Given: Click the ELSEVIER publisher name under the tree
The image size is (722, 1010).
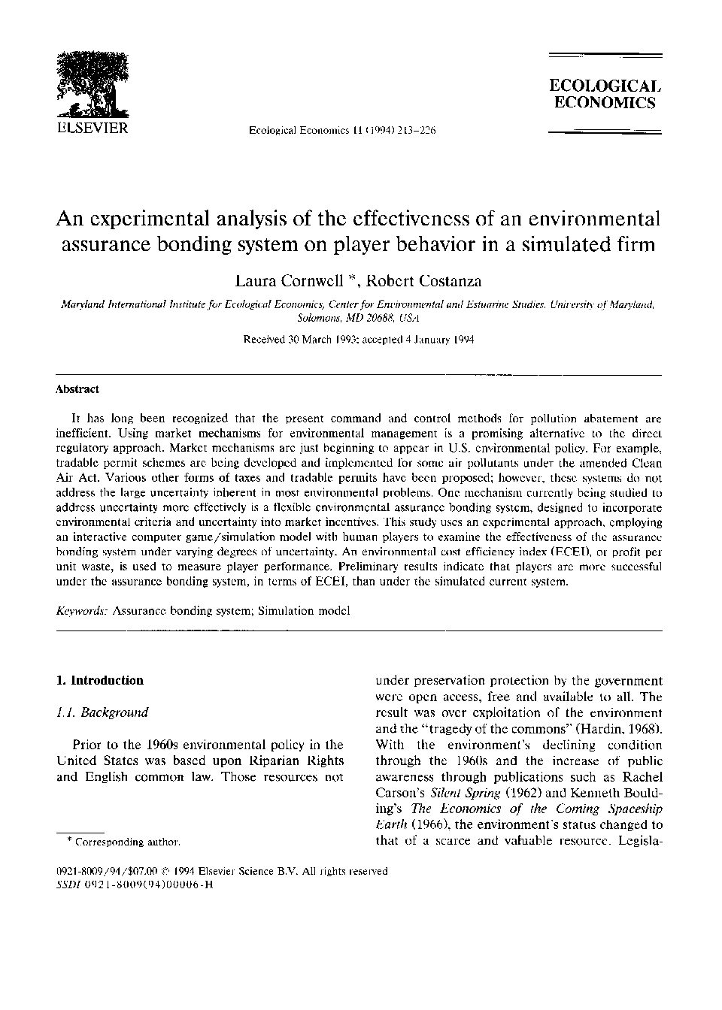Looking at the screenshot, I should tap(93, 128).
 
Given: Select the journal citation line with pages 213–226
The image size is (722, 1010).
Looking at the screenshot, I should tap(342, 131).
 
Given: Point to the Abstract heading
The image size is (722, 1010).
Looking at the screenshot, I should tap(77, 389).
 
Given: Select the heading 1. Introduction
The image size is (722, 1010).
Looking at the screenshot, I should tap(100, 681).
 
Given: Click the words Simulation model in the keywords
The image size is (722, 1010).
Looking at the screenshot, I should tap(304, 611).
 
